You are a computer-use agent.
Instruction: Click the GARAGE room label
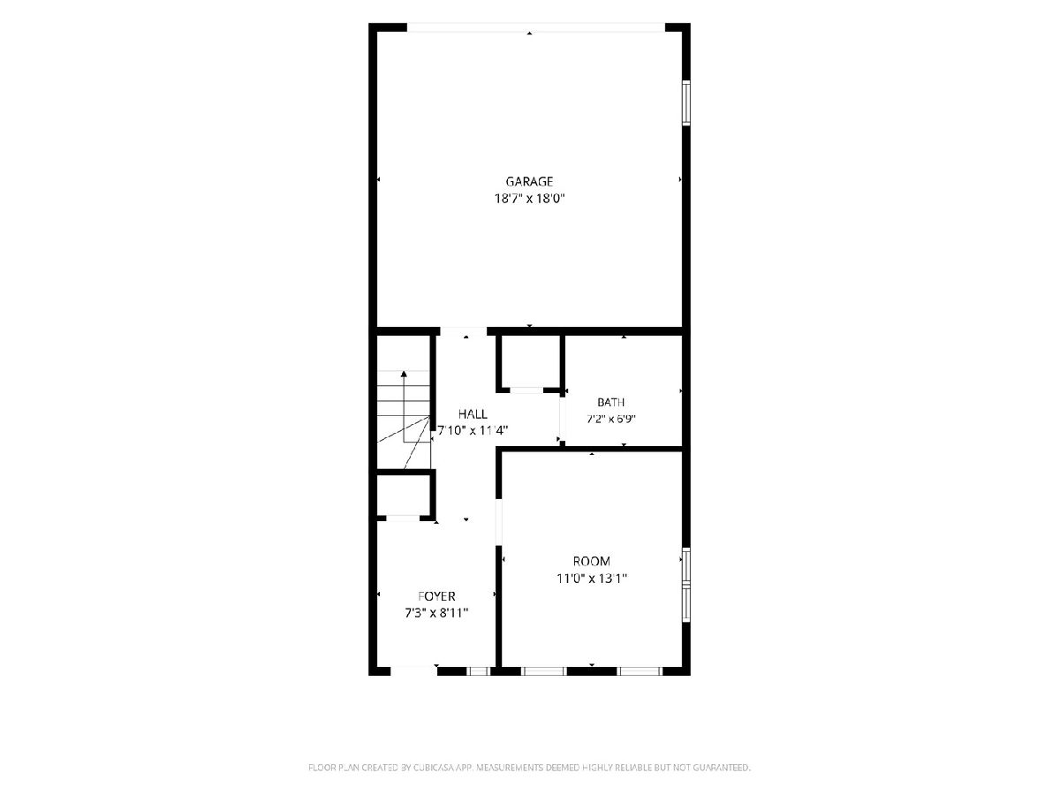click(529, 181)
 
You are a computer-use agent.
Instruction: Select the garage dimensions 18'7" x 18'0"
click(529, 199)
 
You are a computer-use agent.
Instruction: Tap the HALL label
click(473, 413)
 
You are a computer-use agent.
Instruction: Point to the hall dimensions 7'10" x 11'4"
click(473, 430)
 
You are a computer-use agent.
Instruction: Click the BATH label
click(611, 402)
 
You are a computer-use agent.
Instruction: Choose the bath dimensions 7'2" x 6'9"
click(611, 419)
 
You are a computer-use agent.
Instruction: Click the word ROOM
click(592, 562)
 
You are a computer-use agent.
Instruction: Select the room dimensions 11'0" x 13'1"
click(592, 579)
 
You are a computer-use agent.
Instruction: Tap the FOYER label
click(436, 596)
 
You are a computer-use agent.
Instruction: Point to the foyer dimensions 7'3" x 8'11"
click(436, 613)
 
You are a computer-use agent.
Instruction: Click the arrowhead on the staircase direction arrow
click(404, 374)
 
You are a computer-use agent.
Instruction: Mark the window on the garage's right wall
click(685, 102)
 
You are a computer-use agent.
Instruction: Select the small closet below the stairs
click(403, 496)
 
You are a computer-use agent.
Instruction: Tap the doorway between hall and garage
click(464, 331)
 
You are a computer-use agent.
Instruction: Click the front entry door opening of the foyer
click(413, 671)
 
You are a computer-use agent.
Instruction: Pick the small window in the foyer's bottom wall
click(478, 671)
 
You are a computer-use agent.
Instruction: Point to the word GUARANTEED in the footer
click(721, 767)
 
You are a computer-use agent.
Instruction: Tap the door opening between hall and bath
click(562, 418)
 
